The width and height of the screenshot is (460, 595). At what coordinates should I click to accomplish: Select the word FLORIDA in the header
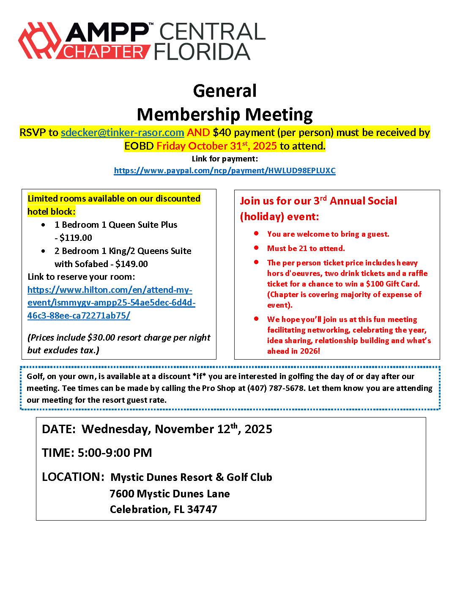[202, 51]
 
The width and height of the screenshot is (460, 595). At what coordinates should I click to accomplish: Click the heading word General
[225, 90]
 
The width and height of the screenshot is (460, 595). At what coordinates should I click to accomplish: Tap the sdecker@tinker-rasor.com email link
[123, 133]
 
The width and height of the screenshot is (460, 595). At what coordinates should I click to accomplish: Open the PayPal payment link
[225, 171]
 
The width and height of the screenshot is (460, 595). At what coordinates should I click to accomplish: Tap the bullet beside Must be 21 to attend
[257, 248]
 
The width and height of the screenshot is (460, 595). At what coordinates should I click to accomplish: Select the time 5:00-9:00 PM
[115, 453]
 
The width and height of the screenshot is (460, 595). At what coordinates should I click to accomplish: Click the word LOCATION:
[73, 477]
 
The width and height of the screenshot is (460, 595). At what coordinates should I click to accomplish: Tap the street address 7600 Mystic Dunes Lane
[170, 494]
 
